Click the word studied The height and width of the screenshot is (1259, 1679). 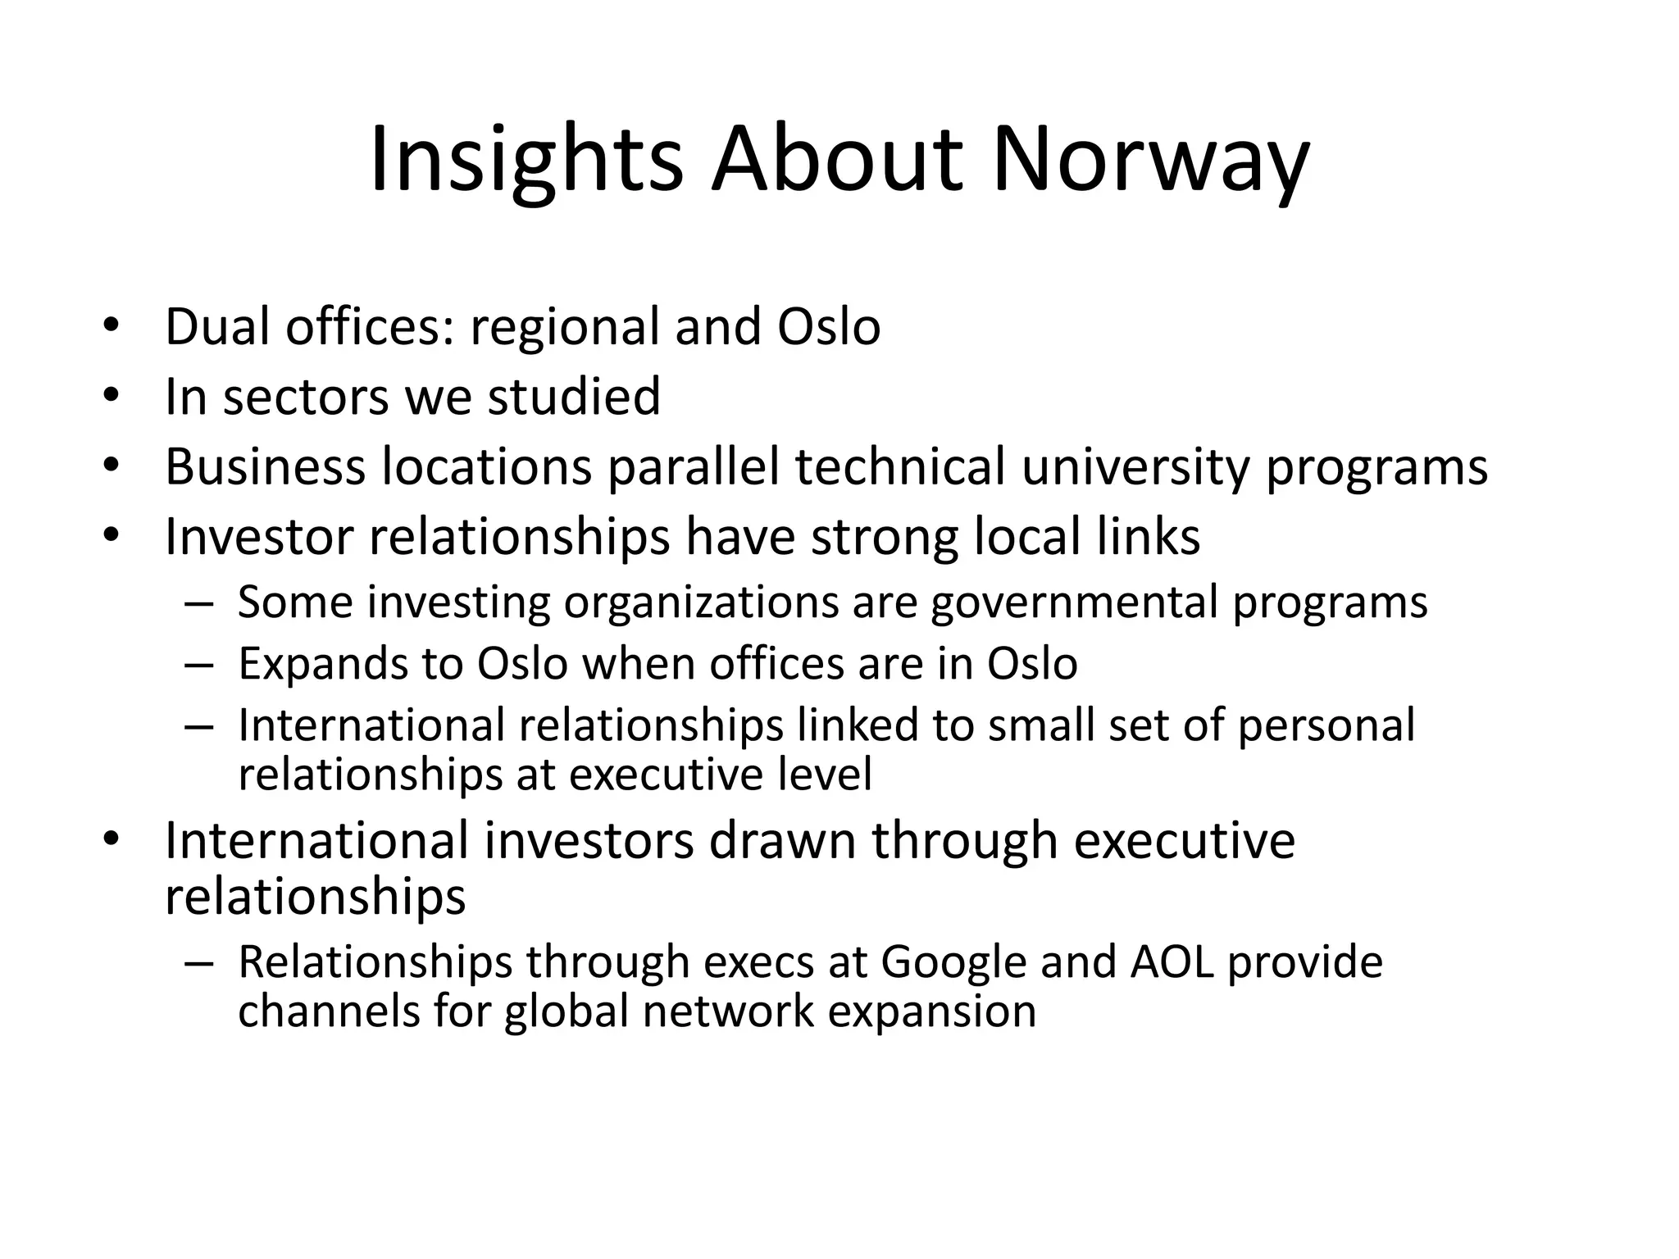(x=574, y=397)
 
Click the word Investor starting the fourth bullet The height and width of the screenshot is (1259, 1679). (x=260, y=537)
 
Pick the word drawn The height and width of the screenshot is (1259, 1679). (x=782, y=841)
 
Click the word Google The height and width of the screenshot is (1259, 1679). (x=953, y=963)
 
